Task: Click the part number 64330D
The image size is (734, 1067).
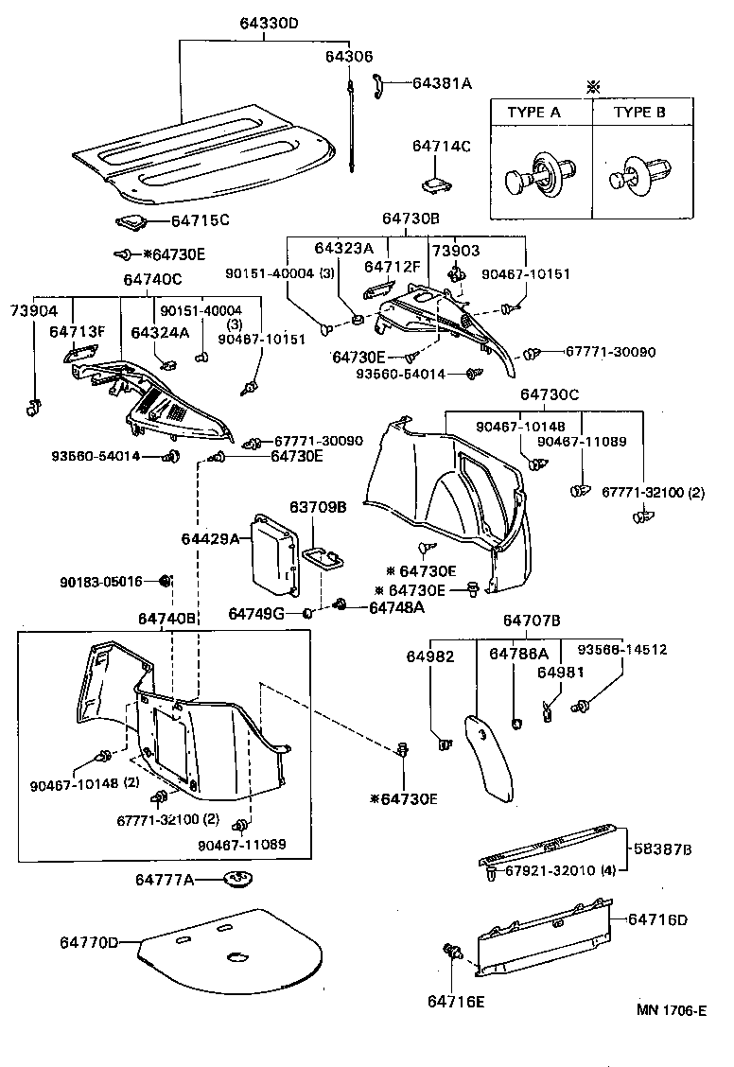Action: (x=258, y=25)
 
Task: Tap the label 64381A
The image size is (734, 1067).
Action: (x=442, y=83)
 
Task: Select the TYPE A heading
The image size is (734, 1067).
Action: (x=533, y=112)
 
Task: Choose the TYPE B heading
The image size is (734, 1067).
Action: (x=640, y=112)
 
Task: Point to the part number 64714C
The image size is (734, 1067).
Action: (x=441, y=147)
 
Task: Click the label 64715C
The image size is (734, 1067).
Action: (x=200, y=221)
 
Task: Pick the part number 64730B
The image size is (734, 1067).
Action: (x=411, y=218)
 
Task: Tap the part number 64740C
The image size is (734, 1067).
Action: (x=151, y=279)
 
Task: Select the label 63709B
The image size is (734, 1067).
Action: (x=318, y=508)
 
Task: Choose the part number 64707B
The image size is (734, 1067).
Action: (x=531, y=621)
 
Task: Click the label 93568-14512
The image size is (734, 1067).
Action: (x=622, y=650)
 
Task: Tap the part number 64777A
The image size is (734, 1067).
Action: (x=164, y=880)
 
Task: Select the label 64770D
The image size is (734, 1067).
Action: (x=90, y=943)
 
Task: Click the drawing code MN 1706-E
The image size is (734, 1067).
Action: (x=671, y=1011)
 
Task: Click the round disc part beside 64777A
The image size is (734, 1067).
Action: (x=237, y=881)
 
